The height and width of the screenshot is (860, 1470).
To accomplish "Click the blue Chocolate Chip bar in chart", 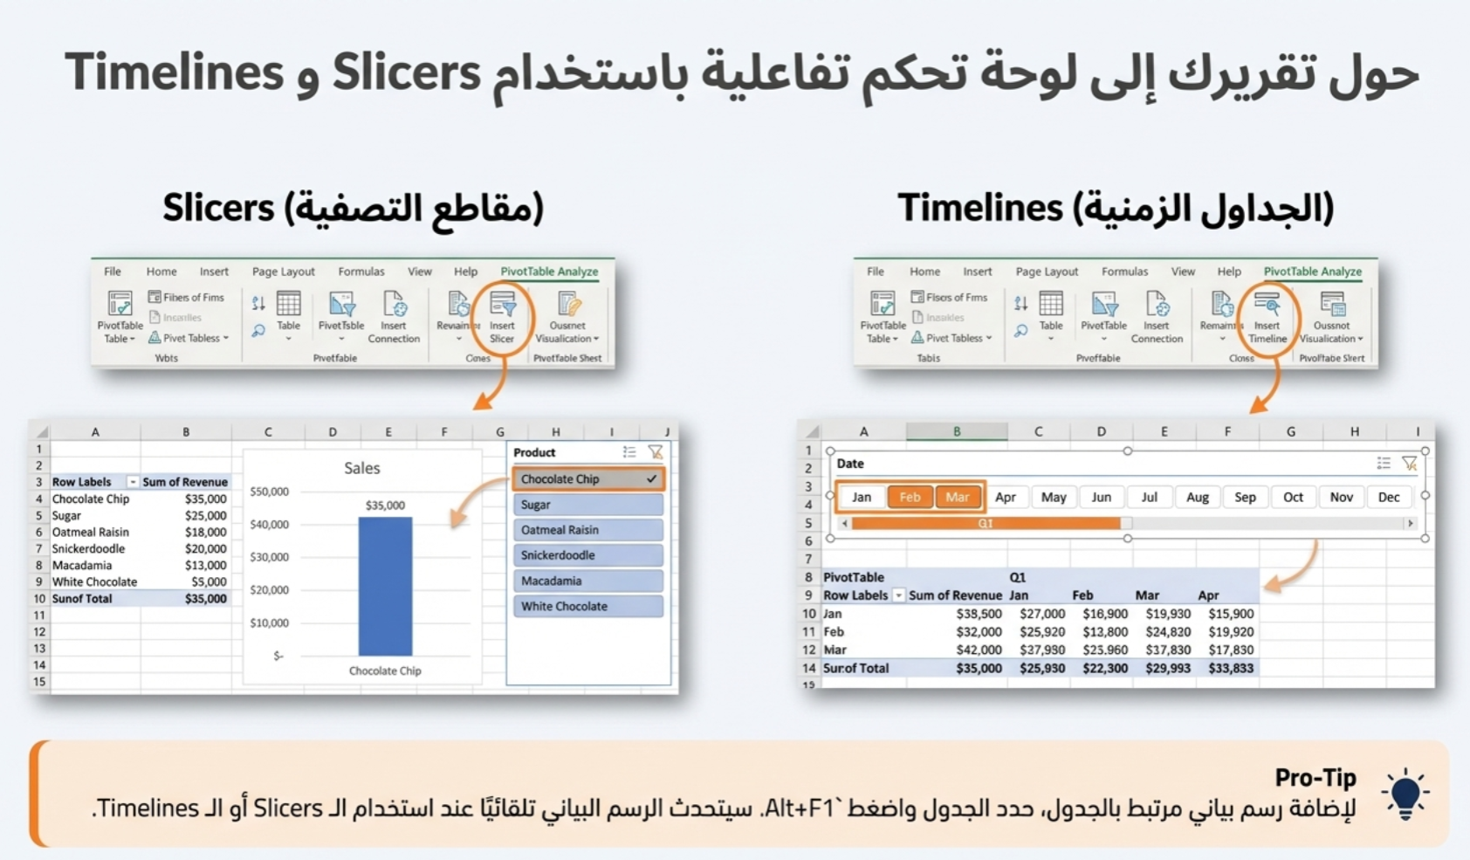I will point(385,586).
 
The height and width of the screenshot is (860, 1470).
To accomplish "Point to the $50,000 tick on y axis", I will point(269,492).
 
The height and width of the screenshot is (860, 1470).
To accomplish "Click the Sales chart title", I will point(361,468).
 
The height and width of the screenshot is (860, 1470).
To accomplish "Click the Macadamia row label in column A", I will point(82,565).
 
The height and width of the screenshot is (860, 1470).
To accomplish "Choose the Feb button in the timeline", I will point(910,497).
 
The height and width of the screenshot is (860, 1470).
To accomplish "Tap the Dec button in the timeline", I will point(1388,497).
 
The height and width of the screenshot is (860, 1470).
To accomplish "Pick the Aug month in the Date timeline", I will point(1197,497).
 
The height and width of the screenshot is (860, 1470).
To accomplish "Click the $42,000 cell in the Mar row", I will point(979,650).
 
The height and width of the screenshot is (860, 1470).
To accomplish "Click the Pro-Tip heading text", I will point(1315,777).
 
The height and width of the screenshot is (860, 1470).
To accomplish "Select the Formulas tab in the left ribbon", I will point(361,272).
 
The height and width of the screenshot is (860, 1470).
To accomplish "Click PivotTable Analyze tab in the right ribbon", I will point(1312,272).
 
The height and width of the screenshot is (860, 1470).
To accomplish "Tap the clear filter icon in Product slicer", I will point(655,452).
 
